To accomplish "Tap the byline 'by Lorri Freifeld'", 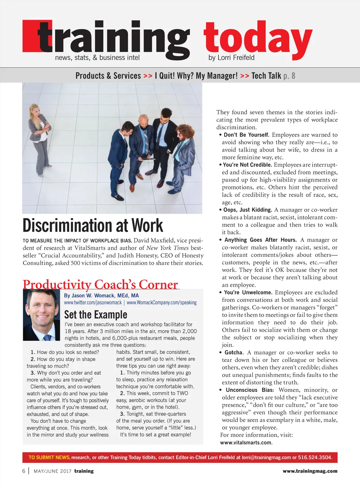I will (231, 58).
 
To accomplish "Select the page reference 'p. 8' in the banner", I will (289, 76).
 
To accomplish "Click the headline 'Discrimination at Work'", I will (93, 226).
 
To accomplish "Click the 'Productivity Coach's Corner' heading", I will (101, 284).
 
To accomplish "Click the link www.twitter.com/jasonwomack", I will (93, 302).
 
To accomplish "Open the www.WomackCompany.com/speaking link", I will (161, 302).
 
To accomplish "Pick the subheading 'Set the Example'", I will (96, 314).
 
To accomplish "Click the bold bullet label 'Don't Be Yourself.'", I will (246, 135).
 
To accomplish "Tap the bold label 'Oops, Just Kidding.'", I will (247, 210).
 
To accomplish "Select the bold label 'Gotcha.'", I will (234, 352).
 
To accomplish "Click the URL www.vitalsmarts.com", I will (246, 442).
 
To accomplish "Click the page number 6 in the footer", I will (24, 471).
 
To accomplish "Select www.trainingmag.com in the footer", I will (310, 471).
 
